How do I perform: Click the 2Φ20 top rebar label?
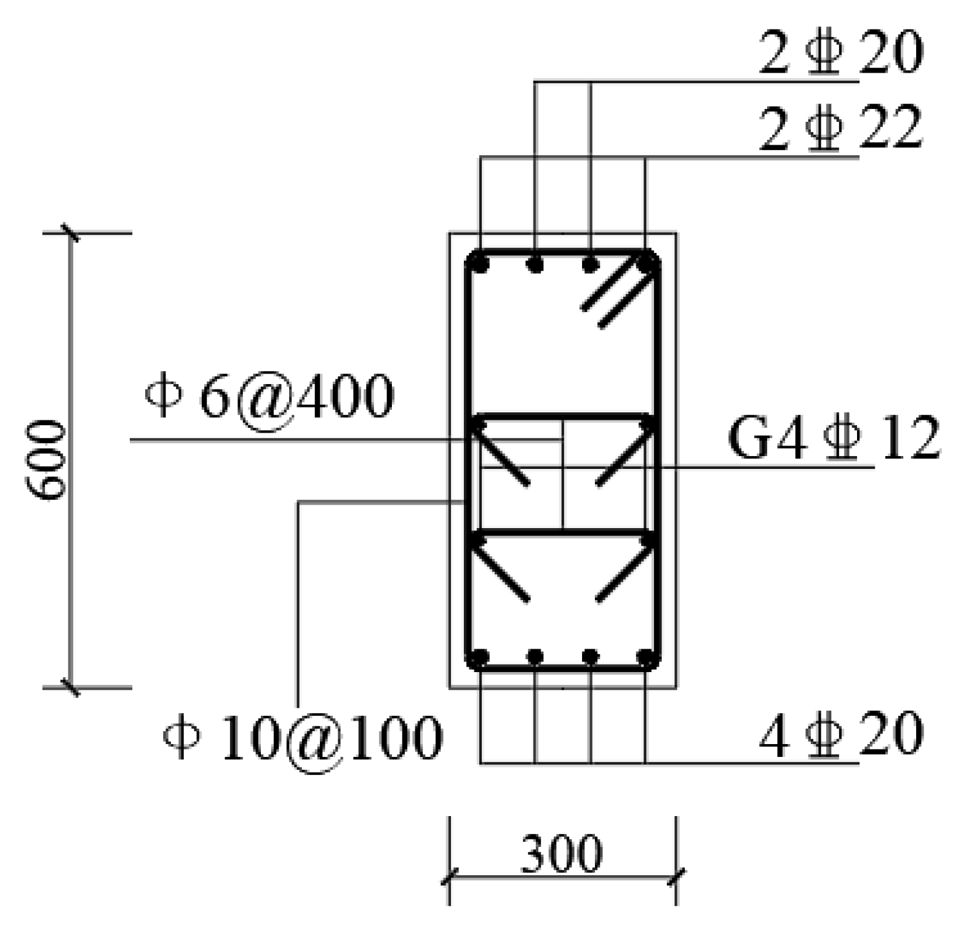pos(840,52)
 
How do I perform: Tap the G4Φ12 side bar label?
pos(834,438)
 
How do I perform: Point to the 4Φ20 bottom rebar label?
pos(840,734)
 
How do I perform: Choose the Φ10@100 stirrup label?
pos(303,737)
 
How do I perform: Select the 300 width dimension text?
pos(561,854)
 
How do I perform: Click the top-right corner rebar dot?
pos(645,265)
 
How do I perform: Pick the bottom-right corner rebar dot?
pos(645,657)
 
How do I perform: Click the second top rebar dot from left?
pos(535,265)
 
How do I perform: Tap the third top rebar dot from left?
pos(590,265)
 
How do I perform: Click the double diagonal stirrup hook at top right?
pos(615,295)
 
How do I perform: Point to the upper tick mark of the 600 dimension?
pos(70,233)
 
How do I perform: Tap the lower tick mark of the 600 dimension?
pos(70,687)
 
